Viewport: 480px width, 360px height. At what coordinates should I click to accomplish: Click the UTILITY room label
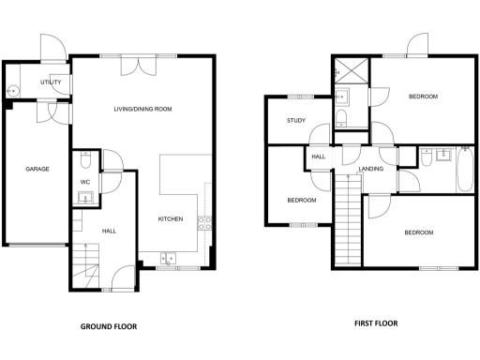pyautogui.click(x=51, y=83)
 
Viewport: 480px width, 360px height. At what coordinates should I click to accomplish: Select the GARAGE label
pyautogui.click(x=37, y=169)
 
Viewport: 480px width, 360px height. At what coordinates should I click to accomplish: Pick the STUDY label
pyautogui.click(x=297, y=120)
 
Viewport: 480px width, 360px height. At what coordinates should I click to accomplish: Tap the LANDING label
pyautogui.click(x=372, y=169)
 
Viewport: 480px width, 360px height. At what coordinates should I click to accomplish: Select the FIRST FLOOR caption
pyautogui.click(x=375, y=323)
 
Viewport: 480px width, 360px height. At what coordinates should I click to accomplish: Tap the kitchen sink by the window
pyautogui.click(x=169, y=257)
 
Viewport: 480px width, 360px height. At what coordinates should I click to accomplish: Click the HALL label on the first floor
pyautogui.click(x=319, y=157)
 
